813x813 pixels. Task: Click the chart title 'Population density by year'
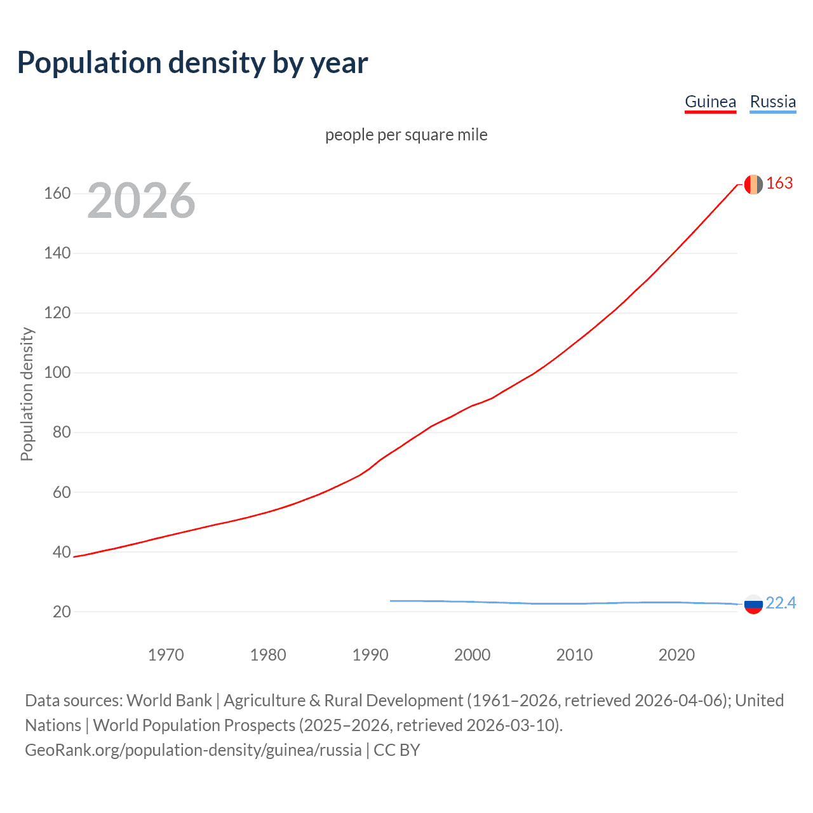pyautogui.click(x=192, y=63)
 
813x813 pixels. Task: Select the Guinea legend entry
pyautogui.click(x=710, y=102)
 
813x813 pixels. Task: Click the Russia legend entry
pyautogui.click(x=772, y=102)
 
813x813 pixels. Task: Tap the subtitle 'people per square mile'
pyautogui.click(x=406, y=135)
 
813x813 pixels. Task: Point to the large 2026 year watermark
pyautogui.click(x=141, y=201)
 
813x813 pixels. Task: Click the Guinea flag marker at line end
pyautogui.click(x=753, y=184)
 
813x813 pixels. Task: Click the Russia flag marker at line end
pyautogui.click(x=753, y=604)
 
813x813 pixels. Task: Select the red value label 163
pyautogui.click(x=779, y=184)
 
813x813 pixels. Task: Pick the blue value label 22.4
pyautogui.click(x=781, y=603)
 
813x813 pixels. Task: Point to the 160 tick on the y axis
pyautogui.click(x=57, y=193)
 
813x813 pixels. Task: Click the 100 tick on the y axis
pyautogui.click(x=57, y=372)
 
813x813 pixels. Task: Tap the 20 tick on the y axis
pyautogui.click(x=61, y=612)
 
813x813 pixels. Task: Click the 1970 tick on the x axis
pyautogui.click(x=166, y=655)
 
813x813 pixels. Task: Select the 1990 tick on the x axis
pyautogui.click(x=370, y=655)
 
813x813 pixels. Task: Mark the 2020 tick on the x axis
pyautogui.click(x=676, y=655)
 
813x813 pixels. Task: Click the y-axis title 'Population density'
pyautogui.click(x=27, y=394)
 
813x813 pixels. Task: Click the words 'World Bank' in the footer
pyautogui.click(x=169, y=701)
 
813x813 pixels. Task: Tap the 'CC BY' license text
pyautogui.click(x=397, y=750)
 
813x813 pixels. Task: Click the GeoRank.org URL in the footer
pyautogui.click(x=193, y=750)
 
